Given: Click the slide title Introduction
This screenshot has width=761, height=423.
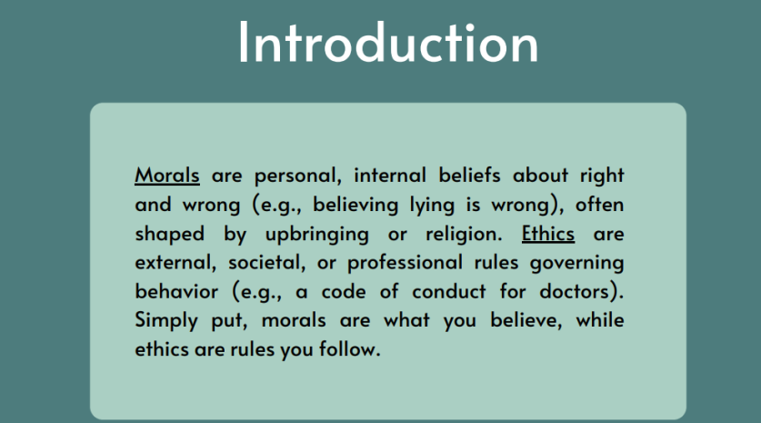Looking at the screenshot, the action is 388,42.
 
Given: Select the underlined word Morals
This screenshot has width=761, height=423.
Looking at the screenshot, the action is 167,176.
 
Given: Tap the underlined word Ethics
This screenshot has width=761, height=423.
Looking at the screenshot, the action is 548,234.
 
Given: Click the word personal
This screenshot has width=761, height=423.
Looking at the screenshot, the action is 297,176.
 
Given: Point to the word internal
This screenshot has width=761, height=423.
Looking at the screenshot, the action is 390,176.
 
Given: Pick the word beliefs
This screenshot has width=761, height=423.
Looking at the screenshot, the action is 469,175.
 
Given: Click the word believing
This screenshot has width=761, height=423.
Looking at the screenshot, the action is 355,205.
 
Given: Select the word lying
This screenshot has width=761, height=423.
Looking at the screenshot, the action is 432,205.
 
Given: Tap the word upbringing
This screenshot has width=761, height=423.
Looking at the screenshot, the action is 317,234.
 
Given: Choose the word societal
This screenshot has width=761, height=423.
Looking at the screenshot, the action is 266,263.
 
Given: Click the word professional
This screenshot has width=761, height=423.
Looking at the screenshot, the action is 405,263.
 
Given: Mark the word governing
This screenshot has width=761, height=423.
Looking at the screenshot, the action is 576,263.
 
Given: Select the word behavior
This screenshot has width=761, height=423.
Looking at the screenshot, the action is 176,291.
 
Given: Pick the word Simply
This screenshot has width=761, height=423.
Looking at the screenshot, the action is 166,320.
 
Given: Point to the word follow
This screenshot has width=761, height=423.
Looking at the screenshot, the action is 349,348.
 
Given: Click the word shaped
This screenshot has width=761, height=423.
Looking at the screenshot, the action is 169,234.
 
